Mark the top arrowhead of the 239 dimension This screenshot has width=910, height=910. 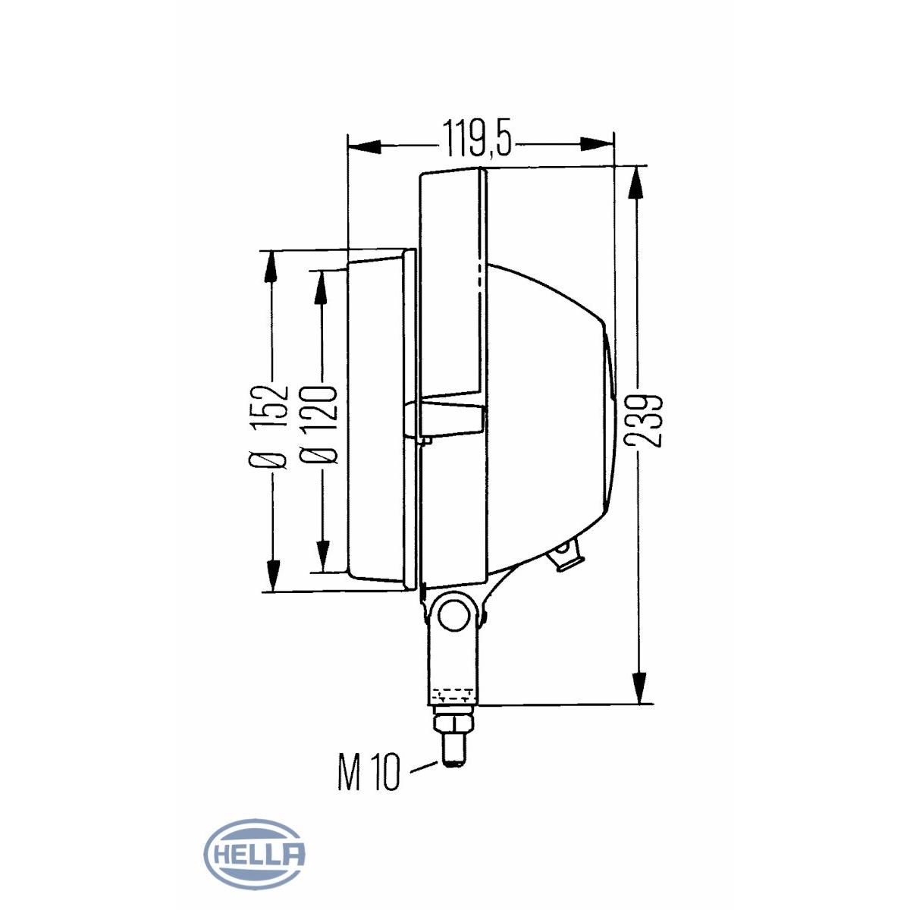[x=639, y=182]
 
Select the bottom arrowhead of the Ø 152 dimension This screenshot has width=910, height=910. [x=271, y=576]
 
